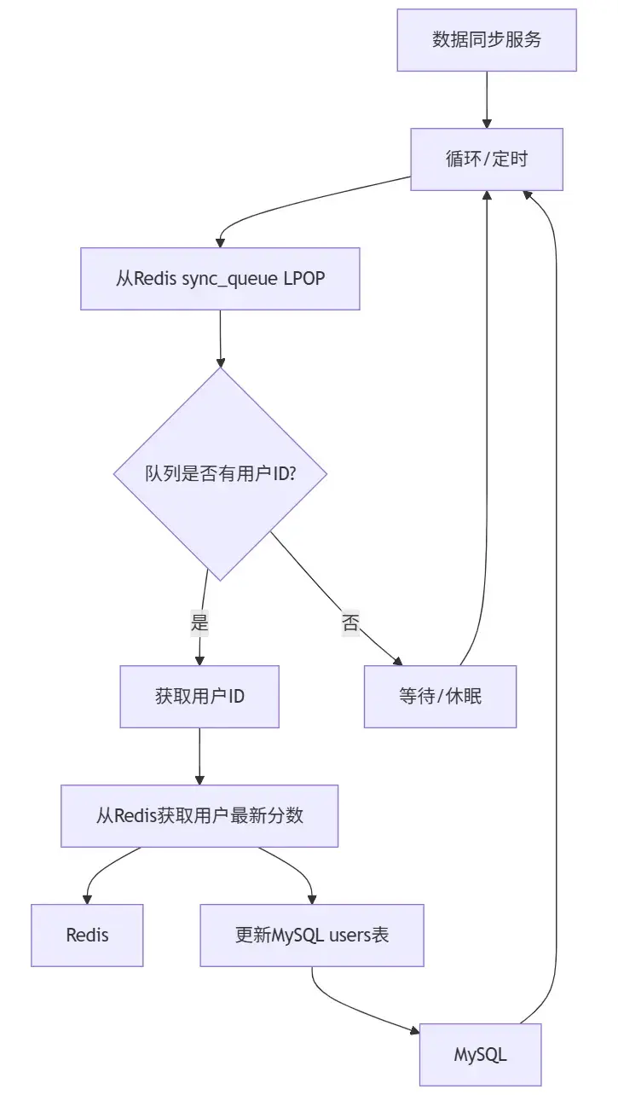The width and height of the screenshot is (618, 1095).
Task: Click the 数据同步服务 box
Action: pos(486,40)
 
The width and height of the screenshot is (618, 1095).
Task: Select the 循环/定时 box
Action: pos(486,159)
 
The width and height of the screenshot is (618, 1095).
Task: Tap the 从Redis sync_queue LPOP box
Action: pos(220,279)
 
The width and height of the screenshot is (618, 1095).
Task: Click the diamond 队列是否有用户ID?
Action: pos(220,474)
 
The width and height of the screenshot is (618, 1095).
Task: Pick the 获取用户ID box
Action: pos(199,696)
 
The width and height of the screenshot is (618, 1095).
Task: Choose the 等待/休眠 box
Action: pos(440,696)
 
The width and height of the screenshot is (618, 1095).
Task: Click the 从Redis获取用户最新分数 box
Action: pos(199,816)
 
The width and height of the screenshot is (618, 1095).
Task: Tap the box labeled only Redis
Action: pos(87,935)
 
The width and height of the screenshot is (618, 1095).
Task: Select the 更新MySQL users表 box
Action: pos(312,935)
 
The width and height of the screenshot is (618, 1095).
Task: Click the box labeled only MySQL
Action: pos(480,1055)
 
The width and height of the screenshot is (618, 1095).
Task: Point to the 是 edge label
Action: pos(199,624)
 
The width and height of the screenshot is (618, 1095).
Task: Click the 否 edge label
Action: pos(350,623)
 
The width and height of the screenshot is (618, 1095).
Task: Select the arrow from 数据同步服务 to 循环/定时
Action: pos(487,100)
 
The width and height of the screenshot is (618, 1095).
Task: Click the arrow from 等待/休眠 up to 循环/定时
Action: pos(487,426)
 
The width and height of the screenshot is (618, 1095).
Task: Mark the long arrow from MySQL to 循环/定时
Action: pos(556,597)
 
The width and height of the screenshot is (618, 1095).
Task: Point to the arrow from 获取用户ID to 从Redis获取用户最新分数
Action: pos(199,756)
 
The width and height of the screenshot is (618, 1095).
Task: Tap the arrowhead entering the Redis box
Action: pos(87,898)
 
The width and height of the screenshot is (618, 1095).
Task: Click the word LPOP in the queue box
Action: pos(303,279)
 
